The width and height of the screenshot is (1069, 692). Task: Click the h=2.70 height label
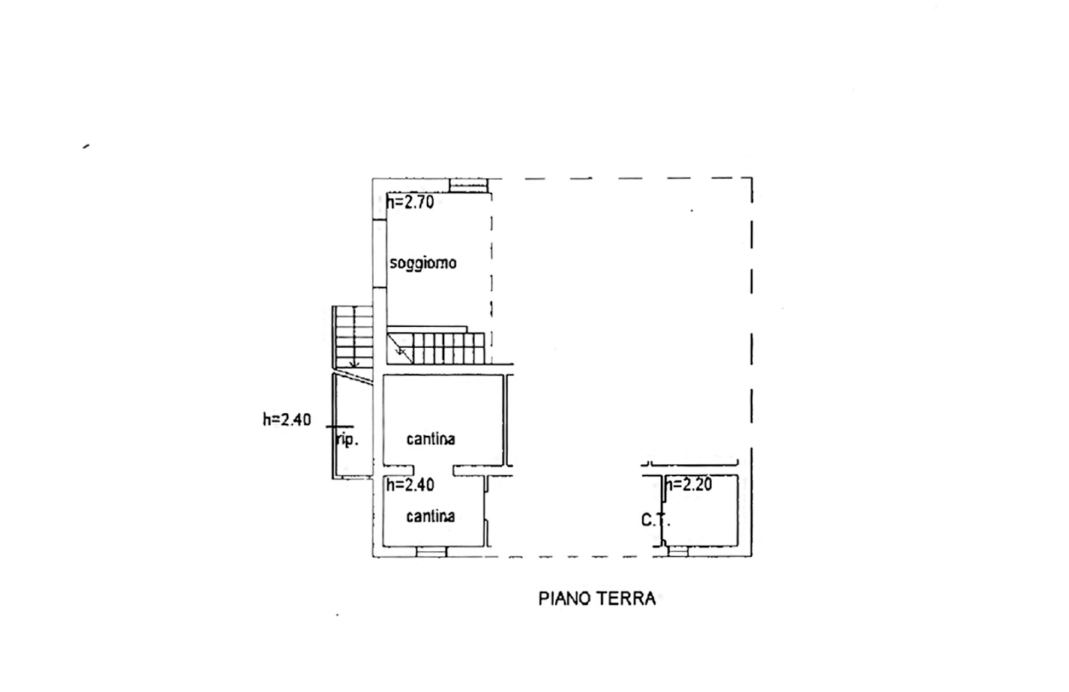coord(410,202)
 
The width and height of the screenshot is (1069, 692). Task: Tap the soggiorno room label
coord(423,263)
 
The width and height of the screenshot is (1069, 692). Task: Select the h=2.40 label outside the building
coord(287,419)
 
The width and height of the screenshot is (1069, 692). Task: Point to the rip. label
coord(346,439)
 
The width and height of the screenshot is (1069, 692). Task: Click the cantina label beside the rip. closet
coord(431,439)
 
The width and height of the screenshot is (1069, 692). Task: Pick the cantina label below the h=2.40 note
coord(431,516)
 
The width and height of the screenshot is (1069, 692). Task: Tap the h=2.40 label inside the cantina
coord(410,485)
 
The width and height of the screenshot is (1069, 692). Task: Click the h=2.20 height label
coord(688,485)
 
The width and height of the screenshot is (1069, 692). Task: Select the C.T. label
coord(655,520)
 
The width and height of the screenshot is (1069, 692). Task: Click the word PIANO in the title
coord(565,598)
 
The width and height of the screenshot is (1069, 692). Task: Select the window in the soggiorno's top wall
coord(468,186)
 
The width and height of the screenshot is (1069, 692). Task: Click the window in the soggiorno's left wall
coord(380,253)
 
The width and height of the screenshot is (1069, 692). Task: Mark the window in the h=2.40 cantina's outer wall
coord(431,552)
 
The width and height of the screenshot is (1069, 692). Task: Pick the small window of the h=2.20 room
coord(678,552)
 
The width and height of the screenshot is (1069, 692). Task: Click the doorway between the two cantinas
coord(433,470)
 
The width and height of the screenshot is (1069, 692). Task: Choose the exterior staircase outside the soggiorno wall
coord(353,337)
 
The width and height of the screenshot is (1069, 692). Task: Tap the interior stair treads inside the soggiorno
coord(436,347)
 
